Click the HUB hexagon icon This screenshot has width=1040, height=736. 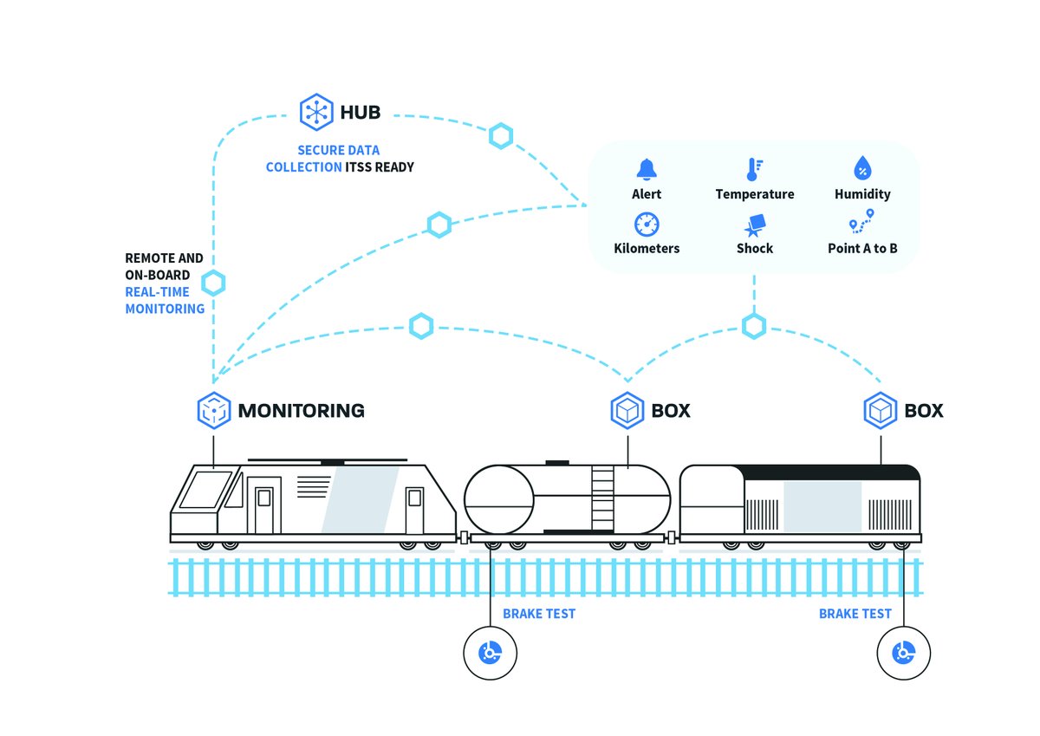tap(315, 112)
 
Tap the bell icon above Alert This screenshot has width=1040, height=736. tap(647, 169)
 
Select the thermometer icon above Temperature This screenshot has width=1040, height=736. tap(753, 169)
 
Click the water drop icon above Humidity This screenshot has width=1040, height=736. tap(862, 168)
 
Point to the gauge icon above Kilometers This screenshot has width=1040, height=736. tap(647, 224)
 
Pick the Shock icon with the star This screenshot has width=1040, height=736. tap(753, 225)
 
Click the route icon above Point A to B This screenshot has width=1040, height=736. tap(861, 222)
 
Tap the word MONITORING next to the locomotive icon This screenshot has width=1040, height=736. tap(301, 411)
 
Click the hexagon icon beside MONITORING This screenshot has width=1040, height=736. tap(213, 410)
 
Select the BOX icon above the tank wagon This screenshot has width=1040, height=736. tap(627, 410)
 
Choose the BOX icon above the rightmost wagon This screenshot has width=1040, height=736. tap(881, 410)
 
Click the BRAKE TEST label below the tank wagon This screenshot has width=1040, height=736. tap(538, 614)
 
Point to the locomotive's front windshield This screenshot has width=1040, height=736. tap(205, 490)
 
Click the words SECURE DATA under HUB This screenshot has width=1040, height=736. tap(338, 150)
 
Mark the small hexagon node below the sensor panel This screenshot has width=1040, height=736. tap(754, 326)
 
